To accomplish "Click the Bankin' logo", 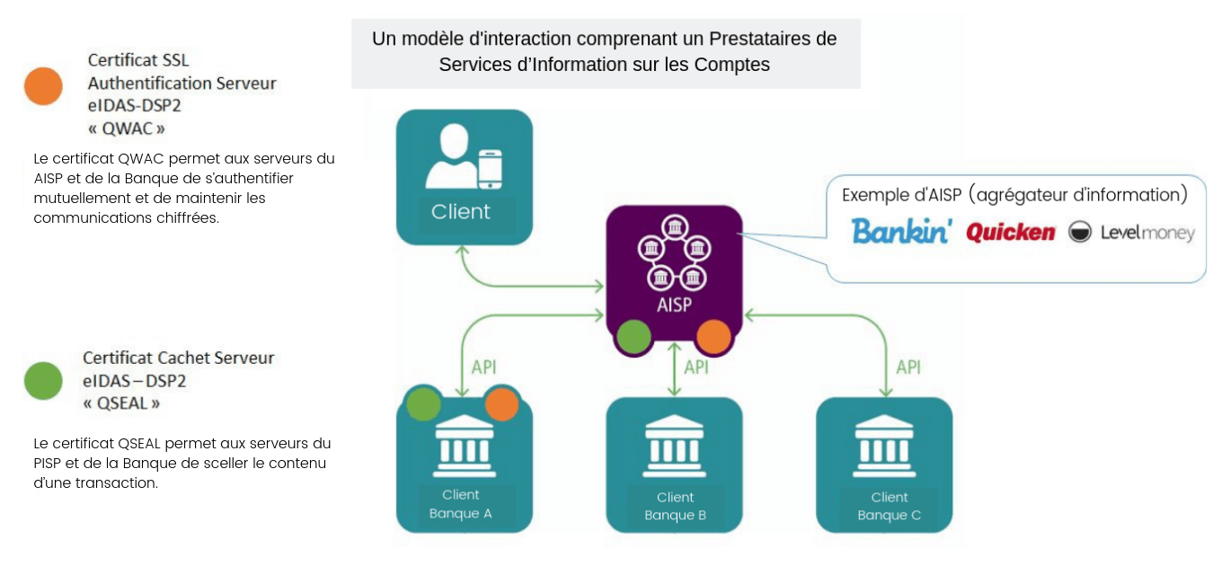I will click(901, 232).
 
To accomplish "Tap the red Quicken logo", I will click(1010, 233).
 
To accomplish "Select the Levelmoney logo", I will click(1131, 233).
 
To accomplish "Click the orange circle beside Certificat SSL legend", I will click(43, 86).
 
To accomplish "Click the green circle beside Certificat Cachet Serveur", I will click(43, 381).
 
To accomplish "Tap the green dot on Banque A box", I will click(423, 404).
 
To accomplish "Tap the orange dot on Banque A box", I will click(501, 404).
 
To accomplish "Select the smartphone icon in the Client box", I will click(489, 169).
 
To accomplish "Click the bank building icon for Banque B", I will click(675, 447).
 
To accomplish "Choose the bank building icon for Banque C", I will click(885, 447).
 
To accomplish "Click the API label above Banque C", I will click(908, 367).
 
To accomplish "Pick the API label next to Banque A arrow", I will click(484, 367).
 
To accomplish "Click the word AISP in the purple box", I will click(674, 305).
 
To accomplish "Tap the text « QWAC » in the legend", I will click(126, 128).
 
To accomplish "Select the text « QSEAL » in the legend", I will click(121, 403).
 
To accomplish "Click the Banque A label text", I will click(460, 514).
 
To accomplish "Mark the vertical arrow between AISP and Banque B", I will click(675, 368).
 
